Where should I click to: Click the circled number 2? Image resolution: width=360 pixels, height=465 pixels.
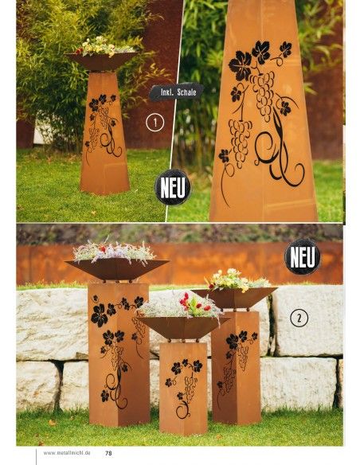[x=299, y=318]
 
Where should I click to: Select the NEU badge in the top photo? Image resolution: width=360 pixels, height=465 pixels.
[x=173, y=188]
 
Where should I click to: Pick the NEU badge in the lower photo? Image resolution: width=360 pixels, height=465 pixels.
[x=303, y=256]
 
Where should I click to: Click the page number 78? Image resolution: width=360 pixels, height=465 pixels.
[x=108, y=454]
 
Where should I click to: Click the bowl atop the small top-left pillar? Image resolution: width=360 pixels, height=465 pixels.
[x=101, y=61]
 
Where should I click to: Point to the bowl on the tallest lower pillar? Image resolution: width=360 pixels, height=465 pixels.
[x=117, y=268]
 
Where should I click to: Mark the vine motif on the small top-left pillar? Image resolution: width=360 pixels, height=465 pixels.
[x=102, y=123]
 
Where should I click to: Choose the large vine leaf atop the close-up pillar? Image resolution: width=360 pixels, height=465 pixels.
[x=241, y=64]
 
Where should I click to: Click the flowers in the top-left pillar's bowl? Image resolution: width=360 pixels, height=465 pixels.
[x=101, y=45]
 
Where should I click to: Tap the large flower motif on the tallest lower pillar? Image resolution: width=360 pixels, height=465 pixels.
[x=100, y=315]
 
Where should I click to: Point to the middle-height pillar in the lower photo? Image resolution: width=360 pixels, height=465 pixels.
[x=236, y=366]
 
